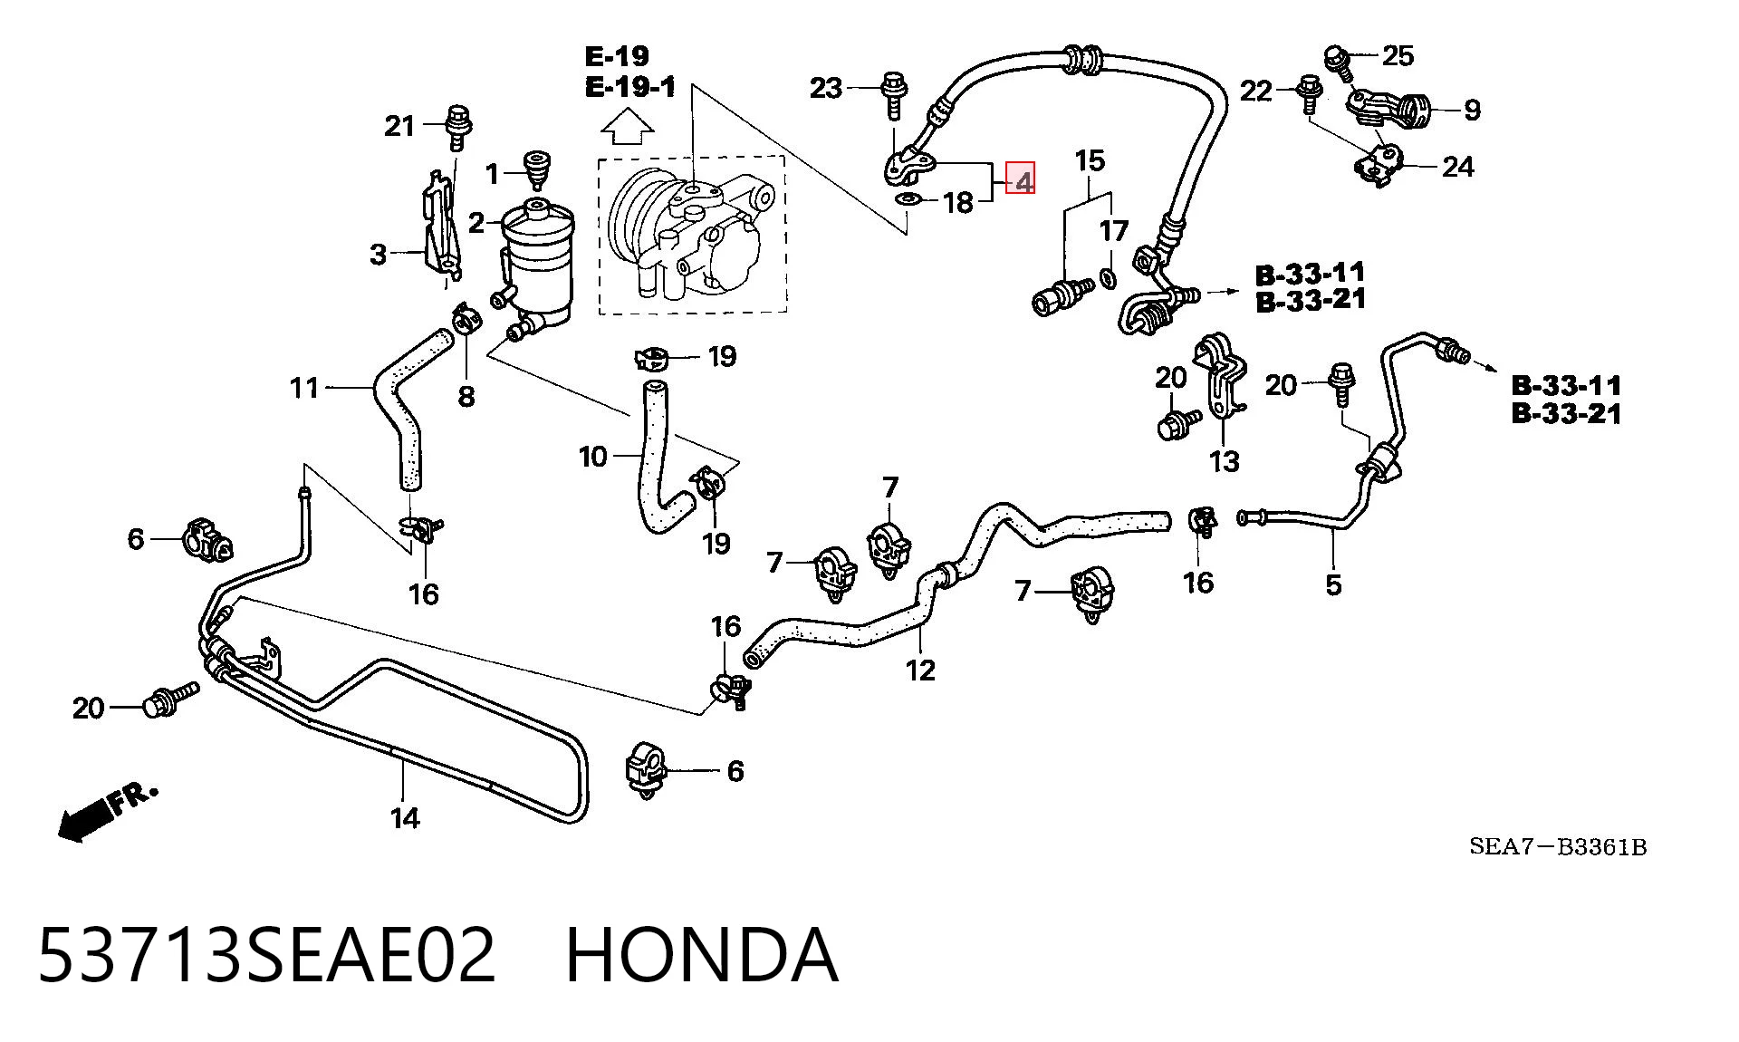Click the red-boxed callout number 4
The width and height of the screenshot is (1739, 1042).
pos(1023,180)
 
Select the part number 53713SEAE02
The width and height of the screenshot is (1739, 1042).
pos(267,955)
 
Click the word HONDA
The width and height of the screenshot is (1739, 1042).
pos(702,955)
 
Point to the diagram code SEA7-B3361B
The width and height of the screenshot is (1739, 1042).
pos(1558,847)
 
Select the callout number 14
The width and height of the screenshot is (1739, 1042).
pos(405,818)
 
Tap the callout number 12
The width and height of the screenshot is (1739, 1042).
pos(920,670)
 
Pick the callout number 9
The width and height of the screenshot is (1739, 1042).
pos(1472,111)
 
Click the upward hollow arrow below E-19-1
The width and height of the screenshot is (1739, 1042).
pos(628,127)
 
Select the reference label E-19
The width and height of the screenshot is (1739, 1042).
pos(617,57)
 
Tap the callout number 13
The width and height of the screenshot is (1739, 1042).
pos(1224,461)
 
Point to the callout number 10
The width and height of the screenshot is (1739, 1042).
pos(593,457)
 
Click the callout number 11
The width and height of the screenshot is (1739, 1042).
pos(305,388)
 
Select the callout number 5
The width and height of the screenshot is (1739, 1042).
pos(1333,584)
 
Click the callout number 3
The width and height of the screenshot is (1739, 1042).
pos(379,255)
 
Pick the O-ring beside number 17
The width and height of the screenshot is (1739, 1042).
pos(1108,276)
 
